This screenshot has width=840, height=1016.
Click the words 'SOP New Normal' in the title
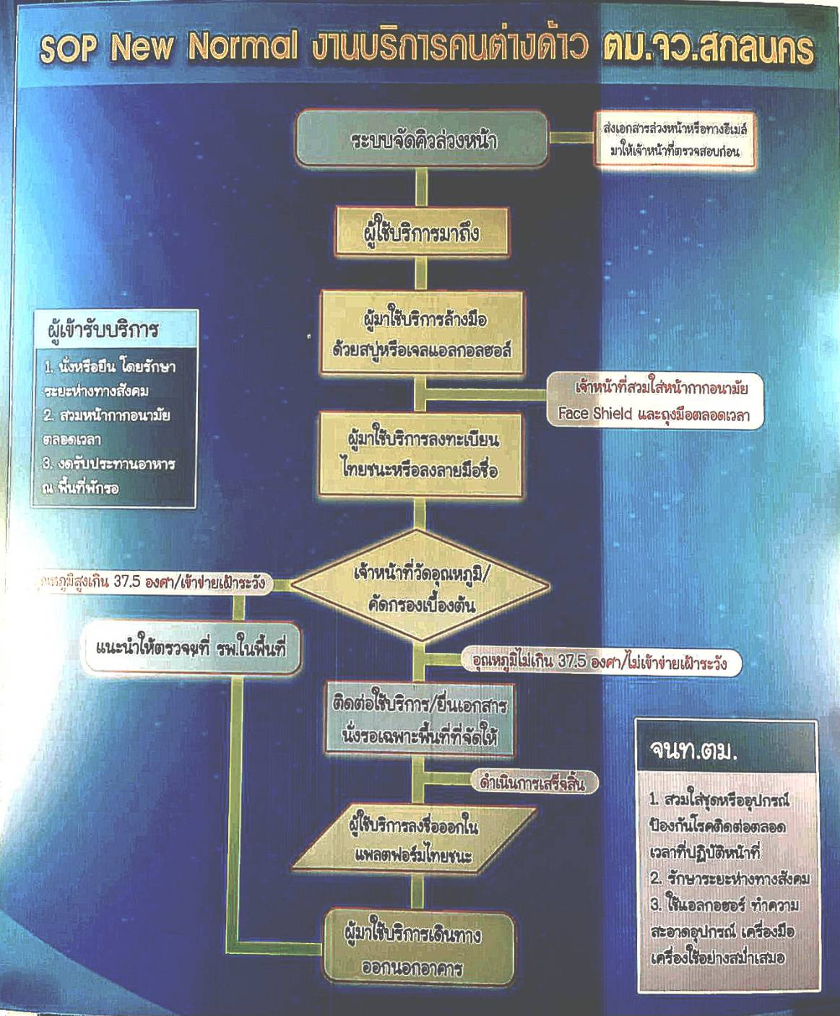168,48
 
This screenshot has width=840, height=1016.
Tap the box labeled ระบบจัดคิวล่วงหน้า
423,139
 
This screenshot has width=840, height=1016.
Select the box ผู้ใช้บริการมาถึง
423,233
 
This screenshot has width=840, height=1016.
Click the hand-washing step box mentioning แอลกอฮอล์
423,334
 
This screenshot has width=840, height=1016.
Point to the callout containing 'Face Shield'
654,401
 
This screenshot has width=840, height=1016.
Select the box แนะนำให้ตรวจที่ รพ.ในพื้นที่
191,648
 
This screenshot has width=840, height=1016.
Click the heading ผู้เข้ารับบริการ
102,331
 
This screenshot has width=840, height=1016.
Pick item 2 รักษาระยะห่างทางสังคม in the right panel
728,879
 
